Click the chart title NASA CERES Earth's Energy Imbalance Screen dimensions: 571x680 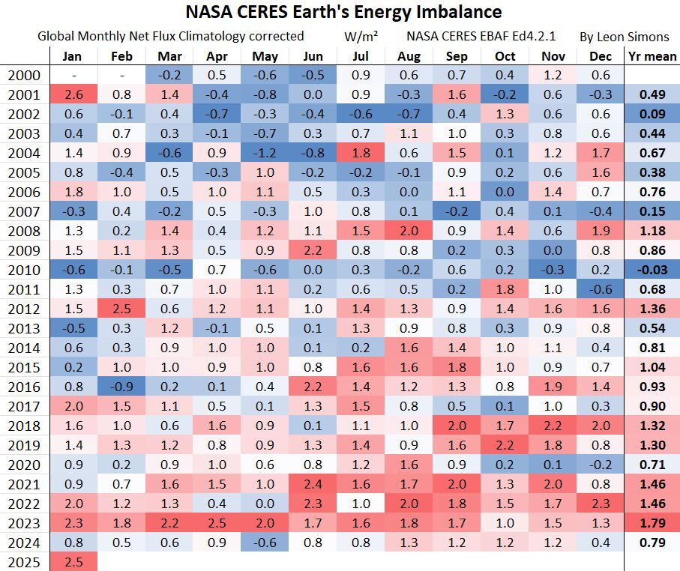[x=343, y=13]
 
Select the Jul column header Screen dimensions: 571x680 [x=360, y=56]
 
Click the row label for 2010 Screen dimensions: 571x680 [x=25, y=270]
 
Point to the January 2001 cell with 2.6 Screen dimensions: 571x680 [x=73, y=94]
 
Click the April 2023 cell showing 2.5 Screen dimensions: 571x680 [x=217, y=523]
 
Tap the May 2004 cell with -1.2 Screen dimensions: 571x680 [x=265, y=153]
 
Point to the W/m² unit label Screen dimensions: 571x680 [x=361, y=36]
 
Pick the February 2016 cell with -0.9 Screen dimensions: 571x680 [x=121, y=387]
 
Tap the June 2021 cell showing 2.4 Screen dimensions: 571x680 [x=313, y=484]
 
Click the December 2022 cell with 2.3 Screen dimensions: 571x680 [x=600, y=504]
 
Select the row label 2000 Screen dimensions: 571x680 [x=25, y=75]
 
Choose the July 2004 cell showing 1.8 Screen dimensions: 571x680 [x=360, y=153]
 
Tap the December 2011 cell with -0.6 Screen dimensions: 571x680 [x=600, y=289]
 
